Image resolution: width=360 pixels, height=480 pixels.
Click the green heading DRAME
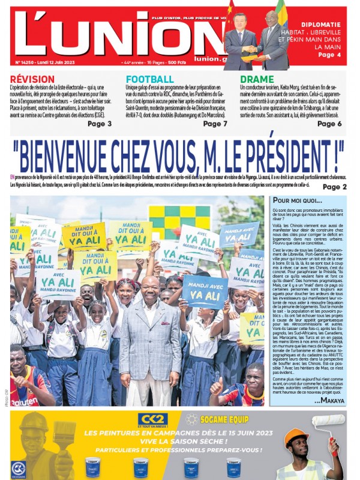[x=257, y=79]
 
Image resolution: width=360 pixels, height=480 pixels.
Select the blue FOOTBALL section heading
[x=150, y=79]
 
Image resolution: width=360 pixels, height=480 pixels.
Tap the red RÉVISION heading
[x=32, y=79]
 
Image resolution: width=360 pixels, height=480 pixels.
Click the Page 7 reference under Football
[x=215, y=124]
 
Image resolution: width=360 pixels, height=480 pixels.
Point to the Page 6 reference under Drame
[x=329, y=124]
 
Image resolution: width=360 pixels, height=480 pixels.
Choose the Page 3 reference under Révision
[x=99, y=124]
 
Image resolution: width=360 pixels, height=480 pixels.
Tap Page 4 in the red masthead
[x=330, y=55]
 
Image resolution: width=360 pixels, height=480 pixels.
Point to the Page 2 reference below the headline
[x=334, y=187]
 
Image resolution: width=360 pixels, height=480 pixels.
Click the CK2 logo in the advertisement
[x=152, y=419]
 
